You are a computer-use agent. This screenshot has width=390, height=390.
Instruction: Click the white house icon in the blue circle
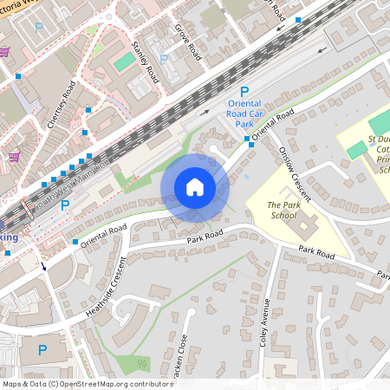(194, 187)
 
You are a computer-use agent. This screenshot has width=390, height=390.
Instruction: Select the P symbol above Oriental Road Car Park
(244, 91)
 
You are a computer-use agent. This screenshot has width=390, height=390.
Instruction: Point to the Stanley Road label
(146, 62)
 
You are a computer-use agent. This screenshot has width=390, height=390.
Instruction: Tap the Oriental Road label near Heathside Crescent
(103, 233)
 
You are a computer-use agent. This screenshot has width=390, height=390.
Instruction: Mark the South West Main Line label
(74, 183)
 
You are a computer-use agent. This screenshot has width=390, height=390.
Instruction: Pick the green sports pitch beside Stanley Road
(125, 62)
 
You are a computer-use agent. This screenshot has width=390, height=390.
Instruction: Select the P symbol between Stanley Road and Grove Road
(165, 60)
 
